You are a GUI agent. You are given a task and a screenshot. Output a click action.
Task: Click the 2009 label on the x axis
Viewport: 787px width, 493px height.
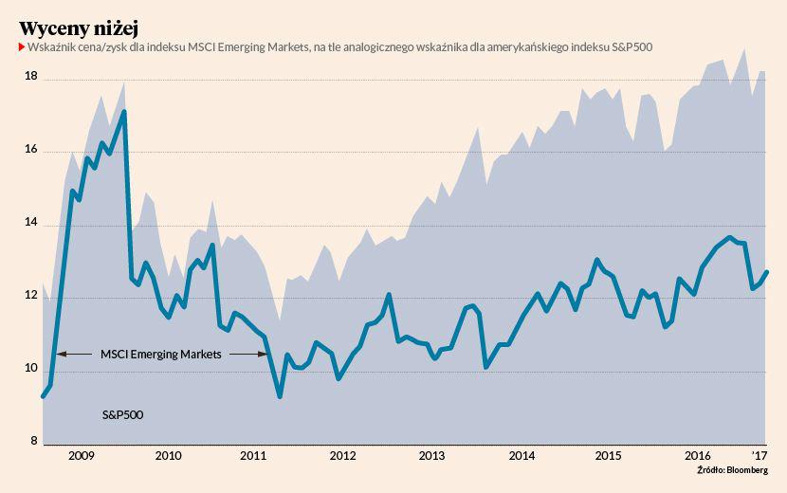[82, 456]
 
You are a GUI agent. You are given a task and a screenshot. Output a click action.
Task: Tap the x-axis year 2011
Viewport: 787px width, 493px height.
[254, 456]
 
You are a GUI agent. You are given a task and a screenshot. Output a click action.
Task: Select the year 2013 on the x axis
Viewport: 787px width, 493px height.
[432, 456]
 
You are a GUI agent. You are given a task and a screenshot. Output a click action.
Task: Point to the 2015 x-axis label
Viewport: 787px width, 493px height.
[608, 456]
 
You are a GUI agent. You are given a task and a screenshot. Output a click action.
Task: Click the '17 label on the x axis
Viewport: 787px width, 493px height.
[760, 456]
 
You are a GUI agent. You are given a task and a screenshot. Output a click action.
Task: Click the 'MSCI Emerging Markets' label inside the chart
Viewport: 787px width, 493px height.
[160, 355]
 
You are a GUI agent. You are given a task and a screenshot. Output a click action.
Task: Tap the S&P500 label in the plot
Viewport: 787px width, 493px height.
[122, 415]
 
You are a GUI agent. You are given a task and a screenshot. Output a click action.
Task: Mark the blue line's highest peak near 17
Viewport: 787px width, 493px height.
[124, 112]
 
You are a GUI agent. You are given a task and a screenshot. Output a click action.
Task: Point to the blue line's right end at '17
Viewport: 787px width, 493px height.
[767, 272]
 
